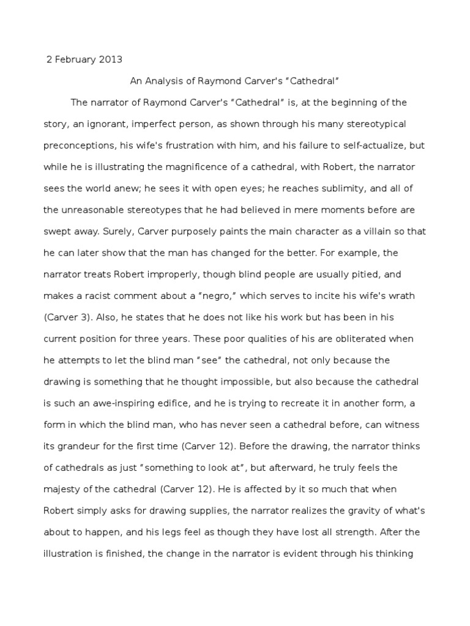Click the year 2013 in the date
point(111,59)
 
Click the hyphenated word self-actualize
point(357,145)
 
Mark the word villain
point(371,231)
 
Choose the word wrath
point(401,295)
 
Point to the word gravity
point(360,510)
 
